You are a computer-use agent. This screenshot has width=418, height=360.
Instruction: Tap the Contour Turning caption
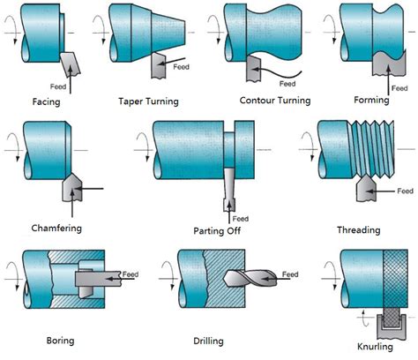click(x=275, y=101)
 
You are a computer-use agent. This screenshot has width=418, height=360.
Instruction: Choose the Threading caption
click(x=358, y=230)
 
